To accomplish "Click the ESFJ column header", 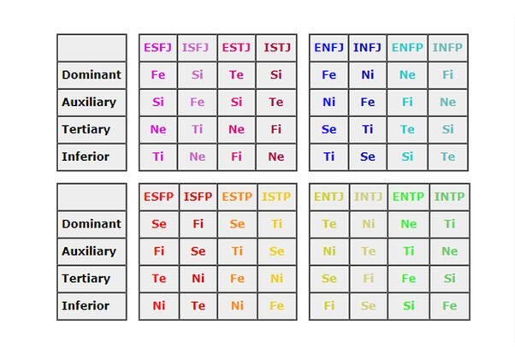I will [158, 48].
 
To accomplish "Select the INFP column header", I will [448, 48].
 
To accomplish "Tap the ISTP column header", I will [277, 197].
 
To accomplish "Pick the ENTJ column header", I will [329, 197].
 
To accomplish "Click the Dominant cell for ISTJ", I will [276, 75].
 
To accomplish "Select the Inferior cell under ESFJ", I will [158, 157].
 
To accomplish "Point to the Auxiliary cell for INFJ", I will [367, 103].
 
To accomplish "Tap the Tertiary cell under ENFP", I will [407, 130].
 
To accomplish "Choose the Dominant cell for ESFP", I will [158, 224].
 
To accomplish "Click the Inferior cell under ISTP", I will [277, 306].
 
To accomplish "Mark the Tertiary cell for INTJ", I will [368, 279].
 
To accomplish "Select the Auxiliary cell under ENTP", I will [408, 251].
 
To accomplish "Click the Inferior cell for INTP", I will [448, 306].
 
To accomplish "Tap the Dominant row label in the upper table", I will [92, 75].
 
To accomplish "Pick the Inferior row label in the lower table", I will [92, 306].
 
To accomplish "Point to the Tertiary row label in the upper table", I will [92, 130].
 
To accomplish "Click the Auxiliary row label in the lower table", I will [92, 251].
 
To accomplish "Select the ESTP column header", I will [237, 197].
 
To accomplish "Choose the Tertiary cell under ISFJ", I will [198, 130].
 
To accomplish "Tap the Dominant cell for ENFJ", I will [329, 75].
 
